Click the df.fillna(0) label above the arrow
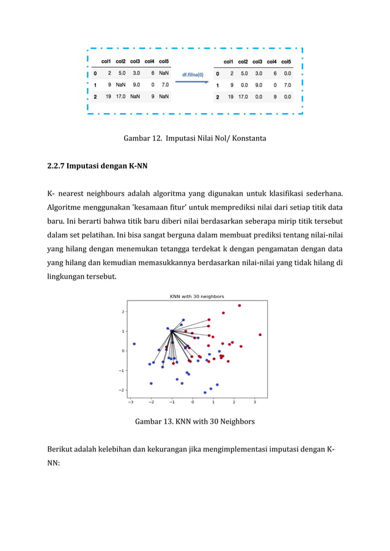(193, 75)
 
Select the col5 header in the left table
(164, 61)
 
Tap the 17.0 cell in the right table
(243, 97)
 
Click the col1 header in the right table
(228, 61)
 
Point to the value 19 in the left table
(108, 96)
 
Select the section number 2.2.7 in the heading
(56, 165)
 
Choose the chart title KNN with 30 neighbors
(196, 296)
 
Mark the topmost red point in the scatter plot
(239, 305)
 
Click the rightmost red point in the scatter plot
(260, 335)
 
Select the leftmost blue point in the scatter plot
(134, 343)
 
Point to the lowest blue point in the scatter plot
(205, 393)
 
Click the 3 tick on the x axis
(255, 402)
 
